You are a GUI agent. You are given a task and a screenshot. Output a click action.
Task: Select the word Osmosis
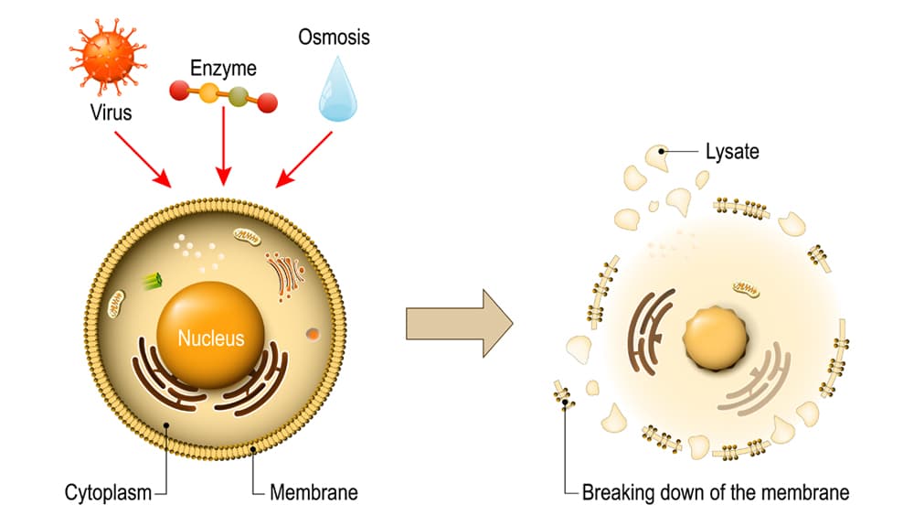click(334, 38)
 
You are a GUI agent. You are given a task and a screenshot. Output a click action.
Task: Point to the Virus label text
click(111, 113)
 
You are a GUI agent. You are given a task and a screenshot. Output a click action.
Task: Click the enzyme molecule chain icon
click(223, 95)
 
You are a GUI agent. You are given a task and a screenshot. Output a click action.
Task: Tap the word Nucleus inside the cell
click(211, 338)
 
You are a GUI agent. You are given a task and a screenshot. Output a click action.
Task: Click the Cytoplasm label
click(108, 492)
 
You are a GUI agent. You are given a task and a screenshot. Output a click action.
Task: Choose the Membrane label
click(314, 492)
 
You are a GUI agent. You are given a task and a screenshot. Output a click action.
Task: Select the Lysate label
click(732, 152)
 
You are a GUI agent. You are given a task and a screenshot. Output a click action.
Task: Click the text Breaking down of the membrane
click(716, 492)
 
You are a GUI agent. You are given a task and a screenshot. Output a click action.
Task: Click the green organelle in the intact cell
click(152, 282)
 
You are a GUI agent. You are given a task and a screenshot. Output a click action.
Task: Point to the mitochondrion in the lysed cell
click(745, 290)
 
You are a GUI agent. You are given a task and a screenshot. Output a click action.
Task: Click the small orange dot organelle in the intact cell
click(314, 335)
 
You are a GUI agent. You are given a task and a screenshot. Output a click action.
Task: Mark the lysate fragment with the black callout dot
click(658, 156)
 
